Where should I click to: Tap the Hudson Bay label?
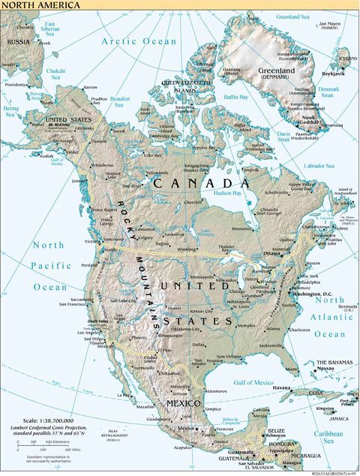pyautogui.click(x=229, y=193)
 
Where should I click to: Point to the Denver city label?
pyautogui.click(x=175, y=309)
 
